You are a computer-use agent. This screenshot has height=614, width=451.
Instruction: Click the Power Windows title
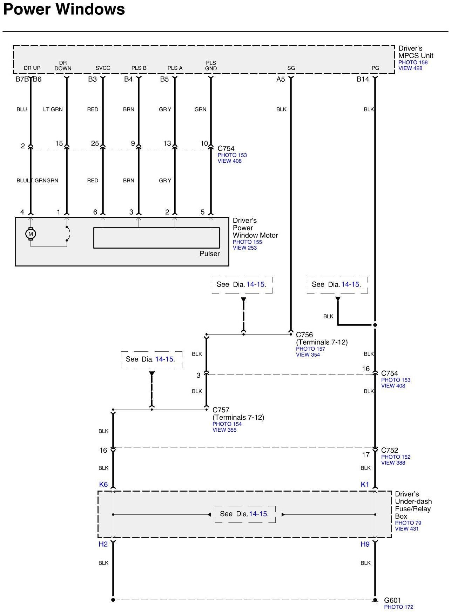click(64, 9)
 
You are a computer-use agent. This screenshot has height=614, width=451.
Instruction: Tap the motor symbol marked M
click(31, 234)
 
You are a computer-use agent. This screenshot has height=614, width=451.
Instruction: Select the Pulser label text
click(210, 254)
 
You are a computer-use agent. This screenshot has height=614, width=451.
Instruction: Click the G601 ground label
click(392, 600)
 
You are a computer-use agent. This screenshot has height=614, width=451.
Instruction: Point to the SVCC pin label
click(103, 68)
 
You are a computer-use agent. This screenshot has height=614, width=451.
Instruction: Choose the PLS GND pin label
click(211, 66)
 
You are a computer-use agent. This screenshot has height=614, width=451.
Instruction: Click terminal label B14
click(363, 79)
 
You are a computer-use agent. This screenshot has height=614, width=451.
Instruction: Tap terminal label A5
click(281, 79)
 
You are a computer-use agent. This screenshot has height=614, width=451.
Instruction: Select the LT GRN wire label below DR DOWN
click(53, 109)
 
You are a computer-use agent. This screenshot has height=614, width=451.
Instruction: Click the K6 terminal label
click(103, 484)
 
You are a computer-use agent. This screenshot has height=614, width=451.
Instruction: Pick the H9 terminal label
click(365, 544)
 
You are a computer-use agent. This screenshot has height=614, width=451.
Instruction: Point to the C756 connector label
click(304, 335)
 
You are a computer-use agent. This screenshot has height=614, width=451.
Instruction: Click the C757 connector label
click(221, 410)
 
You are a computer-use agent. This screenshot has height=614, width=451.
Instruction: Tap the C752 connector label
click(390, 450)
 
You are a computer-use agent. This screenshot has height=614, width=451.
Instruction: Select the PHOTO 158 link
click(413, 62)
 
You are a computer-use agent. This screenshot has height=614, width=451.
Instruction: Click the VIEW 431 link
click(407, 528)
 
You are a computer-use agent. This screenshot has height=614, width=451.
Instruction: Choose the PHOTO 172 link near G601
click(398, 607)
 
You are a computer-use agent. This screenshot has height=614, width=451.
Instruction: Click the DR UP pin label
click(32, 68)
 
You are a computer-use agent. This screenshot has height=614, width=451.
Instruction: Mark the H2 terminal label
click(103, 544)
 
